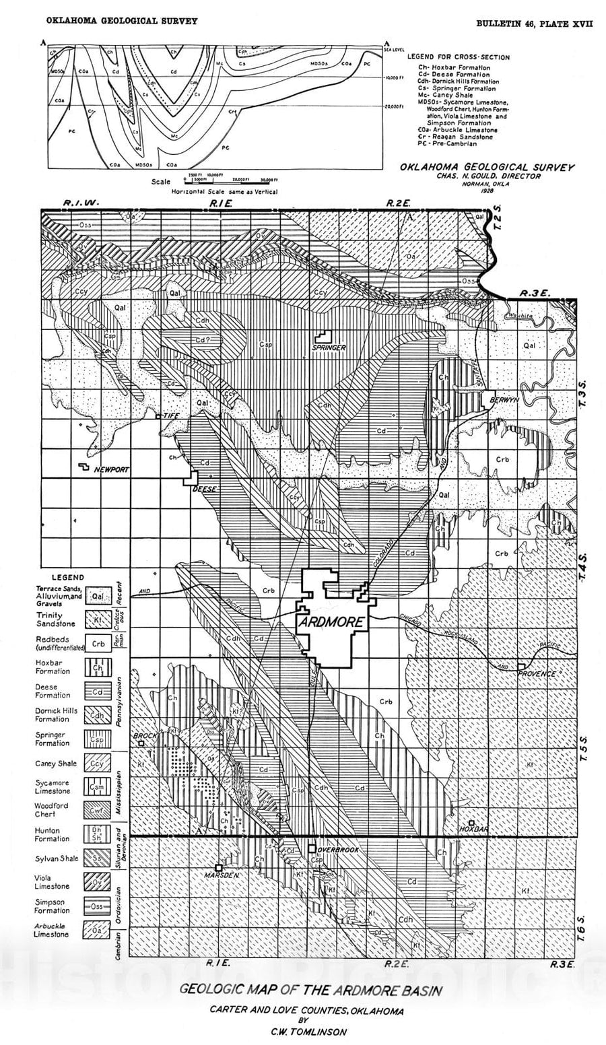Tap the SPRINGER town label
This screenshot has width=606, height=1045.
tap(329, 347)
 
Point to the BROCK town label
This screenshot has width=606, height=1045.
tap(145, 737)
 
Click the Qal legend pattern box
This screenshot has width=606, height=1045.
tap(98, 595)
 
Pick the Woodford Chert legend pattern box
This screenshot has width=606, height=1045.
tap(98, 810)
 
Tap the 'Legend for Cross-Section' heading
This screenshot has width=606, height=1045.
tap(459, 57)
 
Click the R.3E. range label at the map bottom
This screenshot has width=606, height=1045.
tap(561, 964)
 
